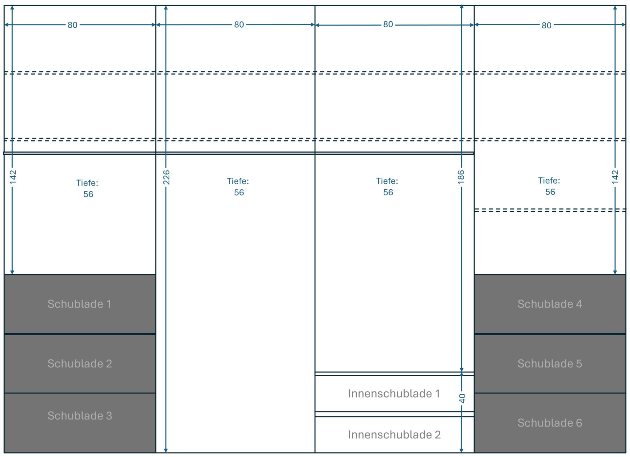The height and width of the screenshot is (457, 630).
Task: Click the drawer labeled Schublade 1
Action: (80, 304)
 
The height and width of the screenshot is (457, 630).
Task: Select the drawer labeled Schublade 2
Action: (80, 364)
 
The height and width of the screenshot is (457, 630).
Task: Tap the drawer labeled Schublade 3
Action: (80, 423)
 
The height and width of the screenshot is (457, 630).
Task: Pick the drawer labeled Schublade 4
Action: (550, 304)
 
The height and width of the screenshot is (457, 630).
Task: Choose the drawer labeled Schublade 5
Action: (550, 364)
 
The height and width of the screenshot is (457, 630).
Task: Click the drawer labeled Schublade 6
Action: (550, 423)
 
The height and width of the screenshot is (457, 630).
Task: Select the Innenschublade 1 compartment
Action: (394, 394)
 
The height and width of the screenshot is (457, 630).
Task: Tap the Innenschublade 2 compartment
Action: (394, 435)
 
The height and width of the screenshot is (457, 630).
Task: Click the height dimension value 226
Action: (166, 177)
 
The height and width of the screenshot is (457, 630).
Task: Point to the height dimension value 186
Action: (461, 177)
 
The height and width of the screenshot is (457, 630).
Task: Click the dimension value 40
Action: (462, 399)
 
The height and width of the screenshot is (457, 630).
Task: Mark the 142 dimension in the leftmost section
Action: (13, 177)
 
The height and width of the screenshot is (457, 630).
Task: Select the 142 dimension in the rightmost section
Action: (615, 177)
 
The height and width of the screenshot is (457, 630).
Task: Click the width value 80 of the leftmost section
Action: (72, 25)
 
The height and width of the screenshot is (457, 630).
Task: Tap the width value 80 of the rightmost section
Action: (546, 26)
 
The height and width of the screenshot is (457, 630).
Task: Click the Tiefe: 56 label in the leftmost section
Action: (87, 189)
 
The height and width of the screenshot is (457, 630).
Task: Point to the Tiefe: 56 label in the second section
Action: (238, 187)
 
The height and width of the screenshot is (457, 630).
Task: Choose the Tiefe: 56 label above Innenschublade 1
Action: (387, 187)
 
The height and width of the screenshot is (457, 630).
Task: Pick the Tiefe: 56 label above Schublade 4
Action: (549, 186)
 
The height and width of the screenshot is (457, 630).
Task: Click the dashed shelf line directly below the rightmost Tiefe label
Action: (550, 210)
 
